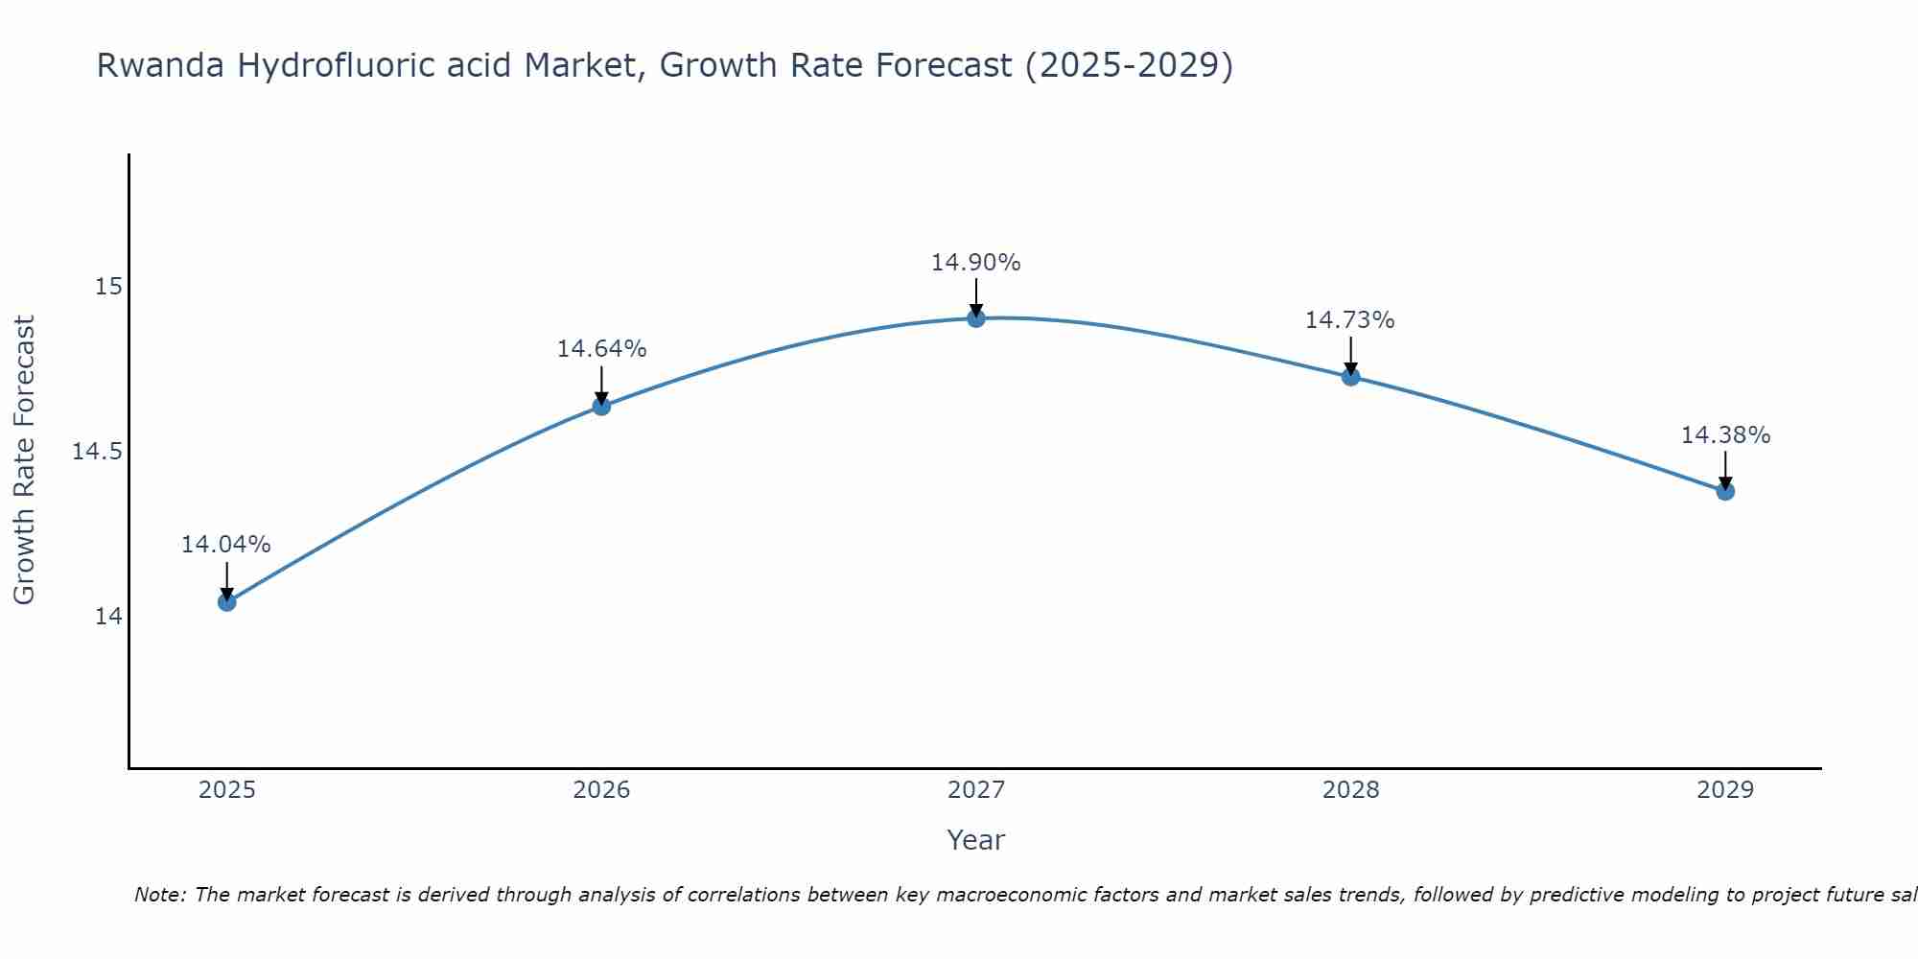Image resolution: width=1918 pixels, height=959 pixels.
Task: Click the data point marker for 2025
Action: [227, 602]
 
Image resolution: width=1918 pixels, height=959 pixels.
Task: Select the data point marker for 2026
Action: [601, 406]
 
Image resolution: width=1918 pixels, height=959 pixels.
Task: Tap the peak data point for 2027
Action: [976, 318]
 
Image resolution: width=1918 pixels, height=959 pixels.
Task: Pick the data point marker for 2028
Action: [1350, 377]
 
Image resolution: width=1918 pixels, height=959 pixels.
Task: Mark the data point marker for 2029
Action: [1725, 491]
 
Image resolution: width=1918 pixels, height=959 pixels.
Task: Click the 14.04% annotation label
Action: [226, 545]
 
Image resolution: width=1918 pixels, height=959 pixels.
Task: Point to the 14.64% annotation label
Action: [601, 349]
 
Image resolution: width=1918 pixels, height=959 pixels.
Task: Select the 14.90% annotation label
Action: [975, 263]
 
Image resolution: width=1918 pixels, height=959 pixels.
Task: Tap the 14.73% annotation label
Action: [1349, 320]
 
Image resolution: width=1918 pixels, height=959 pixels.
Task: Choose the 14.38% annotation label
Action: [1725, 435]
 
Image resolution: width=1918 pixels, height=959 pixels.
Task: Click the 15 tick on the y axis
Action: [109, 287]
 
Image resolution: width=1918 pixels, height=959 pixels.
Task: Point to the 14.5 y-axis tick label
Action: [98, 452]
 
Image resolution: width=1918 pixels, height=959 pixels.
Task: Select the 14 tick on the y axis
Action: [109, 616]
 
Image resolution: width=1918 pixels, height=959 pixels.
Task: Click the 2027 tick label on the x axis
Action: [976, 790]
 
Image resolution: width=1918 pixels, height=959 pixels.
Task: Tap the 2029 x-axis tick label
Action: [1725, 790]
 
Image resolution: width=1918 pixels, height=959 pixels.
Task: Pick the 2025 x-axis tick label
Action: [227, 790]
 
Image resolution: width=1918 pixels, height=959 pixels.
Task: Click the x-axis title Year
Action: [975, 840]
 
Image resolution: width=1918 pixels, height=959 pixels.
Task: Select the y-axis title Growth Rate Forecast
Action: [24, 459]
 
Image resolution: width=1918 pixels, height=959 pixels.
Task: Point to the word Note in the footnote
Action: [158, 895]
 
